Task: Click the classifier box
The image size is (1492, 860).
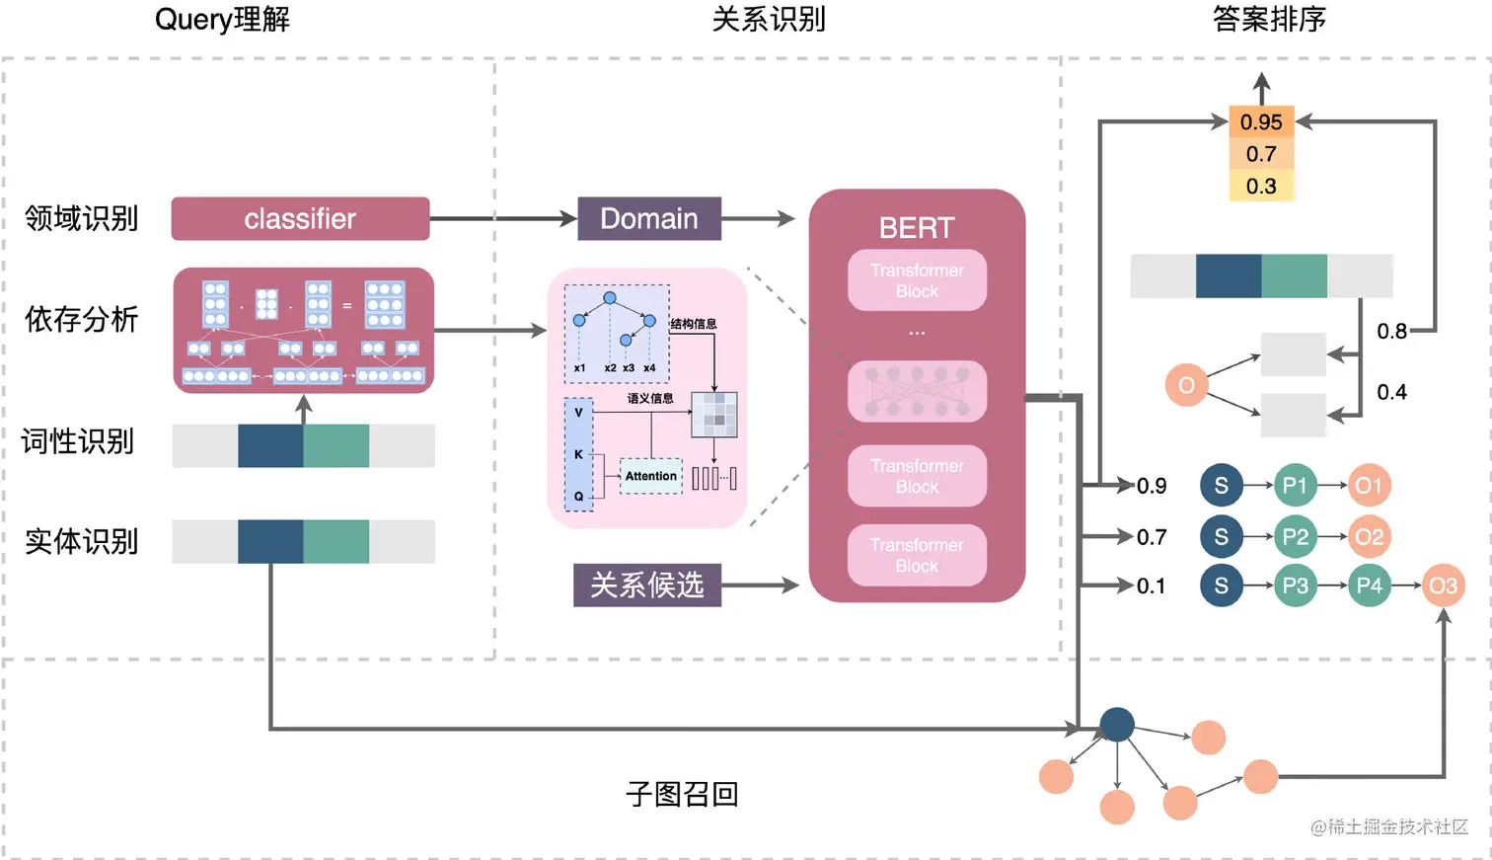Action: (300, 218)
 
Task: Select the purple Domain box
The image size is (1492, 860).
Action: (648, 218)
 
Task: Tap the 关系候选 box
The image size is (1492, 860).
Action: (647, 585)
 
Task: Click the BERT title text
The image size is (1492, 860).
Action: (917, 228)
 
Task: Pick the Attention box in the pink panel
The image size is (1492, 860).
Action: (650, 476)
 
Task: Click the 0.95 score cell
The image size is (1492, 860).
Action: (1261, 122)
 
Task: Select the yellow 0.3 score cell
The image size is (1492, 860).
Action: (1261, 186)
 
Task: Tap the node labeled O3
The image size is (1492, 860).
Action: (1443, 586)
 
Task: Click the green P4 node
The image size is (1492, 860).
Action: (1369, 586)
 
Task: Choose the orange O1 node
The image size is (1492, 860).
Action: (1369, 485)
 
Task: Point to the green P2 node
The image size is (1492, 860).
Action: (1295, 536)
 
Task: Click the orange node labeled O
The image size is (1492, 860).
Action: (1186, 385)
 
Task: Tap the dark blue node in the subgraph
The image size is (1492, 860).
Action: (1116, 725)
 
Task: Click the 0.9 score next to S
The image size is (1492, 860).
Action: (1152, 486)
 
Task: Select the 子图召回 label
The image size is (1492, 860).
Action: (682, 794)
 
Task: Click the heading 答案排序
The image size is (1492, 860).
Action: (1269, 19)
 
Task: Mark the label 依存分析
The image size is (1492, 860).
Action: (82, 319)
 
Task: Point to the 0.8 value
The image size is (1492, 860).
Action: (1391, 331)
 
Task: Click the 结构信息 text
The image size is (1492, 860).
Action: (694, 324)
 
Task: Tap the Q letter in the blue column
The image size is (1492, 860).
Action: (578, 496)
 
